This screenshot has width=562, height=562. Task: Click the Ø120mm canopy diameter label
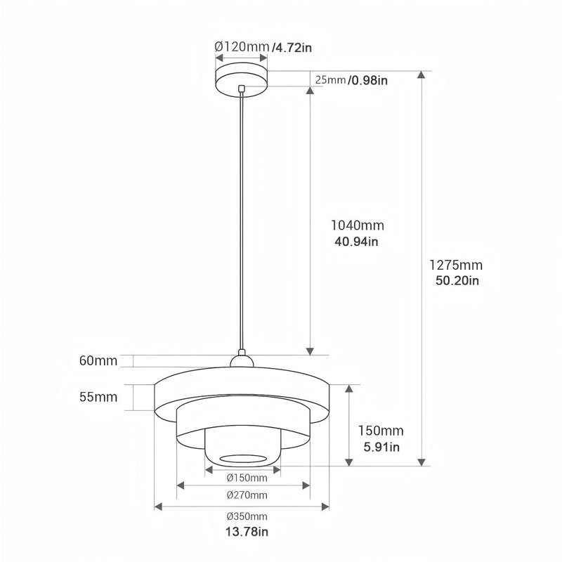[x=242, y=46]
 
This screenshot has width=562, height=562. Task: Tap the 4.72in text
[x=292, y=47]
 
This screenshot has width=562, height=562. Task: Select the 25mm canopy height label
[x=330, y=79]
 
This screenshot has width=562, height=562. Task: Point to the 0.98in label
[x=368, y=80]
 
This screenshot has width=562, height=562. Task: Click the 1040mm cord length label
[x=357, y=226]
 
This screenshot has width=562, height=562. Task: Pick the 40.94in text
[x=356, y=242]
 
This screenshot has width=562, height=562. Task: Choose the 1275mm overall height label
[x=456, y=265]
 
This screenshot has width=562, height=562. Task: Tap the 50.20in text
[x=457, y=280]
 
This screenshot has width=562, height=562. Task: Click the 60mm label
[x=98, y=360]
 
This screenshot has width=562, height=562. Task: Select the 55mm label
[x=98, y=397]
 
